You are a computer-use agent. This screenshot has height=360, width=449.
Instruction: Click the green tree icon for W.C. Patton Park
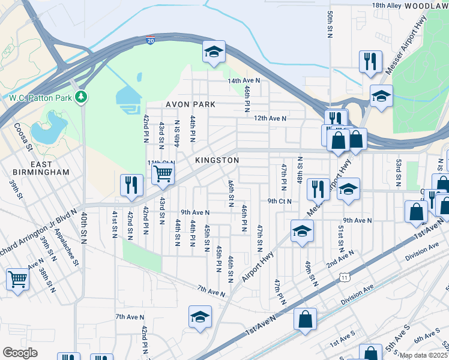(81, 97)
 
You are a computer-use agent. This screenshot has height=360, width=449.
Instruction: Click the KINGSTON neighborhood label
(217, 161)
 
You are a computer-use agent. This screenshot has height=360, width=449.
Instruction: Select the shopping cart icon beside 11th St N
(163, 175)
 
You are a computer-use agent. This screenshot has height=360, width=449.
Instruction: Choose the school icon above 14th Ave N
(213, 52)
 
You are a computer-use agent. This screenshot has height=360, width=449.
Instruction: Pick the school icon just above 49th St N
(303, 230)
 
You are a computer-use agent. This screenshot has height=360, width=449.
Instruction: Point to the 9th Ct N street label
(279, 201)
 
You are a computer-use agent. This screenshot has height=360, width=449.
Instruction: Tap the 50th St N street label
(330, 20)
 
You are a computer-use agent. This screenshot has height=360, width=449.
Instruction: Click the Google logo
(20, 353)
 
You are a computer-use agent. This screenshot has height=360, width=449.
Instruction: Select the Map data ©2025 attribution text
(423, 355)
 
